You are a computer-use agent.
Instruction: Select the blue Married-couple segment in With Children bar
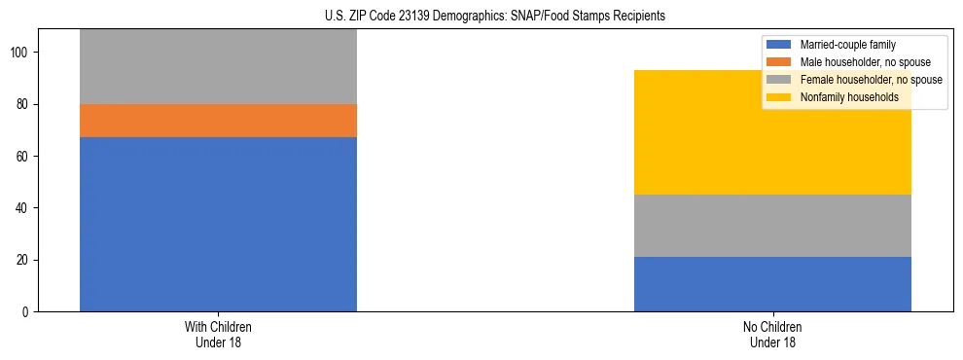click(x=218, y=224)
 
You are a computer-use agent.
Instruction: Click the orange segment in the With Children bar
click(x=218, y=121)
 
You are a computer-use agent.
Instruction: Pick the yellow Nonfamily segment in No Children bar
click(x=772, y=132)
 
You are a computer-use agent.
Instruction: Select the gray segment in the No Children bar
click(x=772, y=226)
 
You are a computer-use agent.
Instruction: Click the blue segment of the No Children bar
click(x=772, y=284)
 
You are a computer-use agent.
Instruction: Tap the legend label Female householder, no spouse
click(x=863, y=80)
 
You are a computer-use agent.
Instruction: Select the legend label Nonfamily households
click(x=842, y=97)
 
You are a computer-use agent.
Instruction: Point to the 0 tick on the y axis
click(x=28, y=312)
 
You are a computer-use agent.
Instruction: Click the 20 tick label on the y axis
click(x=25, y=261)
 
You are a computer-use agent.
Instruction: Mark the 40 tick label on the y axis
click(x=25, y=208)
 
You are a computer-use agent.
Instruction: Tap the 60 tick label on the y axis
click(x=25, y=157)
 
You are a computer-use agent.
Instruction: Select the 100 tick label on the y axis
click(x=22, y=53)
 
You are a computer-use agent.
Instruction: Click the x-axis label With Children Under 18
click(x=218, y=335)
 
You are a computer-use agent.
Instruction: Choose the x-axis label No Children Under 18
click(x=772, y=335)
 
